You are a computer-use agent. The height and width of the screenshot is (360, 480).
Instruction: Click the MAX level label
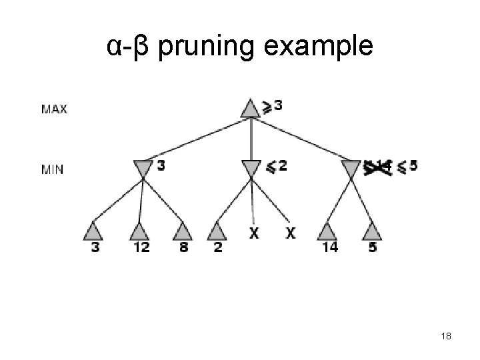pyautogui.click(x=54, y=109)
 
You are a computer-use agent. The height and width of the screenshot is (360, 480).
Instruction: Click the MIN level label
pyautogui.click(x=53, y=169)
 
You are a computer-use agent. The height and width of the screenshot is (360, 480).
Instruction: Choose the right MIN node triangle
pyautogui.click(x=351, y=169)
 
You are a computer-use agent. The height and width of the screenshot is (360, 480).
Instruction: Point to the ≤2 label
pyautogui.click(x=277, y=166)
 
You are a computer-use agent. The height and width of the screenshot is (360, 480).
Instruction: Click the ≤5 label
pyautogui.click(x=407, y=166)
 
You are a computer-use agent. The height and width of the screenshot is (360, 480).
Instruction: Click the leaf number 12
pyautogui.click(x=141, y=247)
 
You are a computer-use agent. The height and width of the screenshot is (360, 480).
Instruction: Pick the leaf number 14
pyautogui.click(x=329, y=247)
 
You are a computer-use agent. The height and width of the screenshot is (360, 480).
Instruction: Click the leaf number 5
pyautogui.click(x=373, y=247)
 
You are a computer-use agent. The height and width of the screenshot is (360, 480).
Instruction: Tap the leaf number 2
pyautogui.click(x=217, y=247)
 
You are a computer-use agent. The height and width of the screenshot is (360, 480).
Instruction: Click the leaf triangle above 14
pyautogui.click(x=327, y=231)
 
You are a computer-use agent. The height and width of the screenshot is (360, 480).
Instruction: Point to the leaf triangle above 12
pyautogui.click(x=138, y=231)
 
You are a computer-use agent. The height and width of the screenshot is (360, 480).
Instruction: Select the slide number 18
pyautogui.click(x=446, y=337)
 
